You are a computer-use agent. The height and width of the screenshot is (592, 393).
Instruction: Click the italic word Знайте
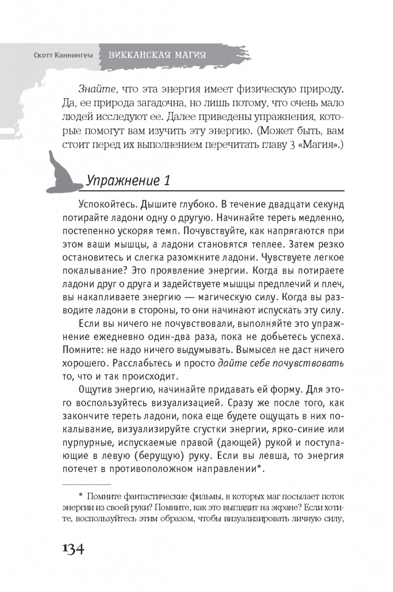(94, 87)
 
